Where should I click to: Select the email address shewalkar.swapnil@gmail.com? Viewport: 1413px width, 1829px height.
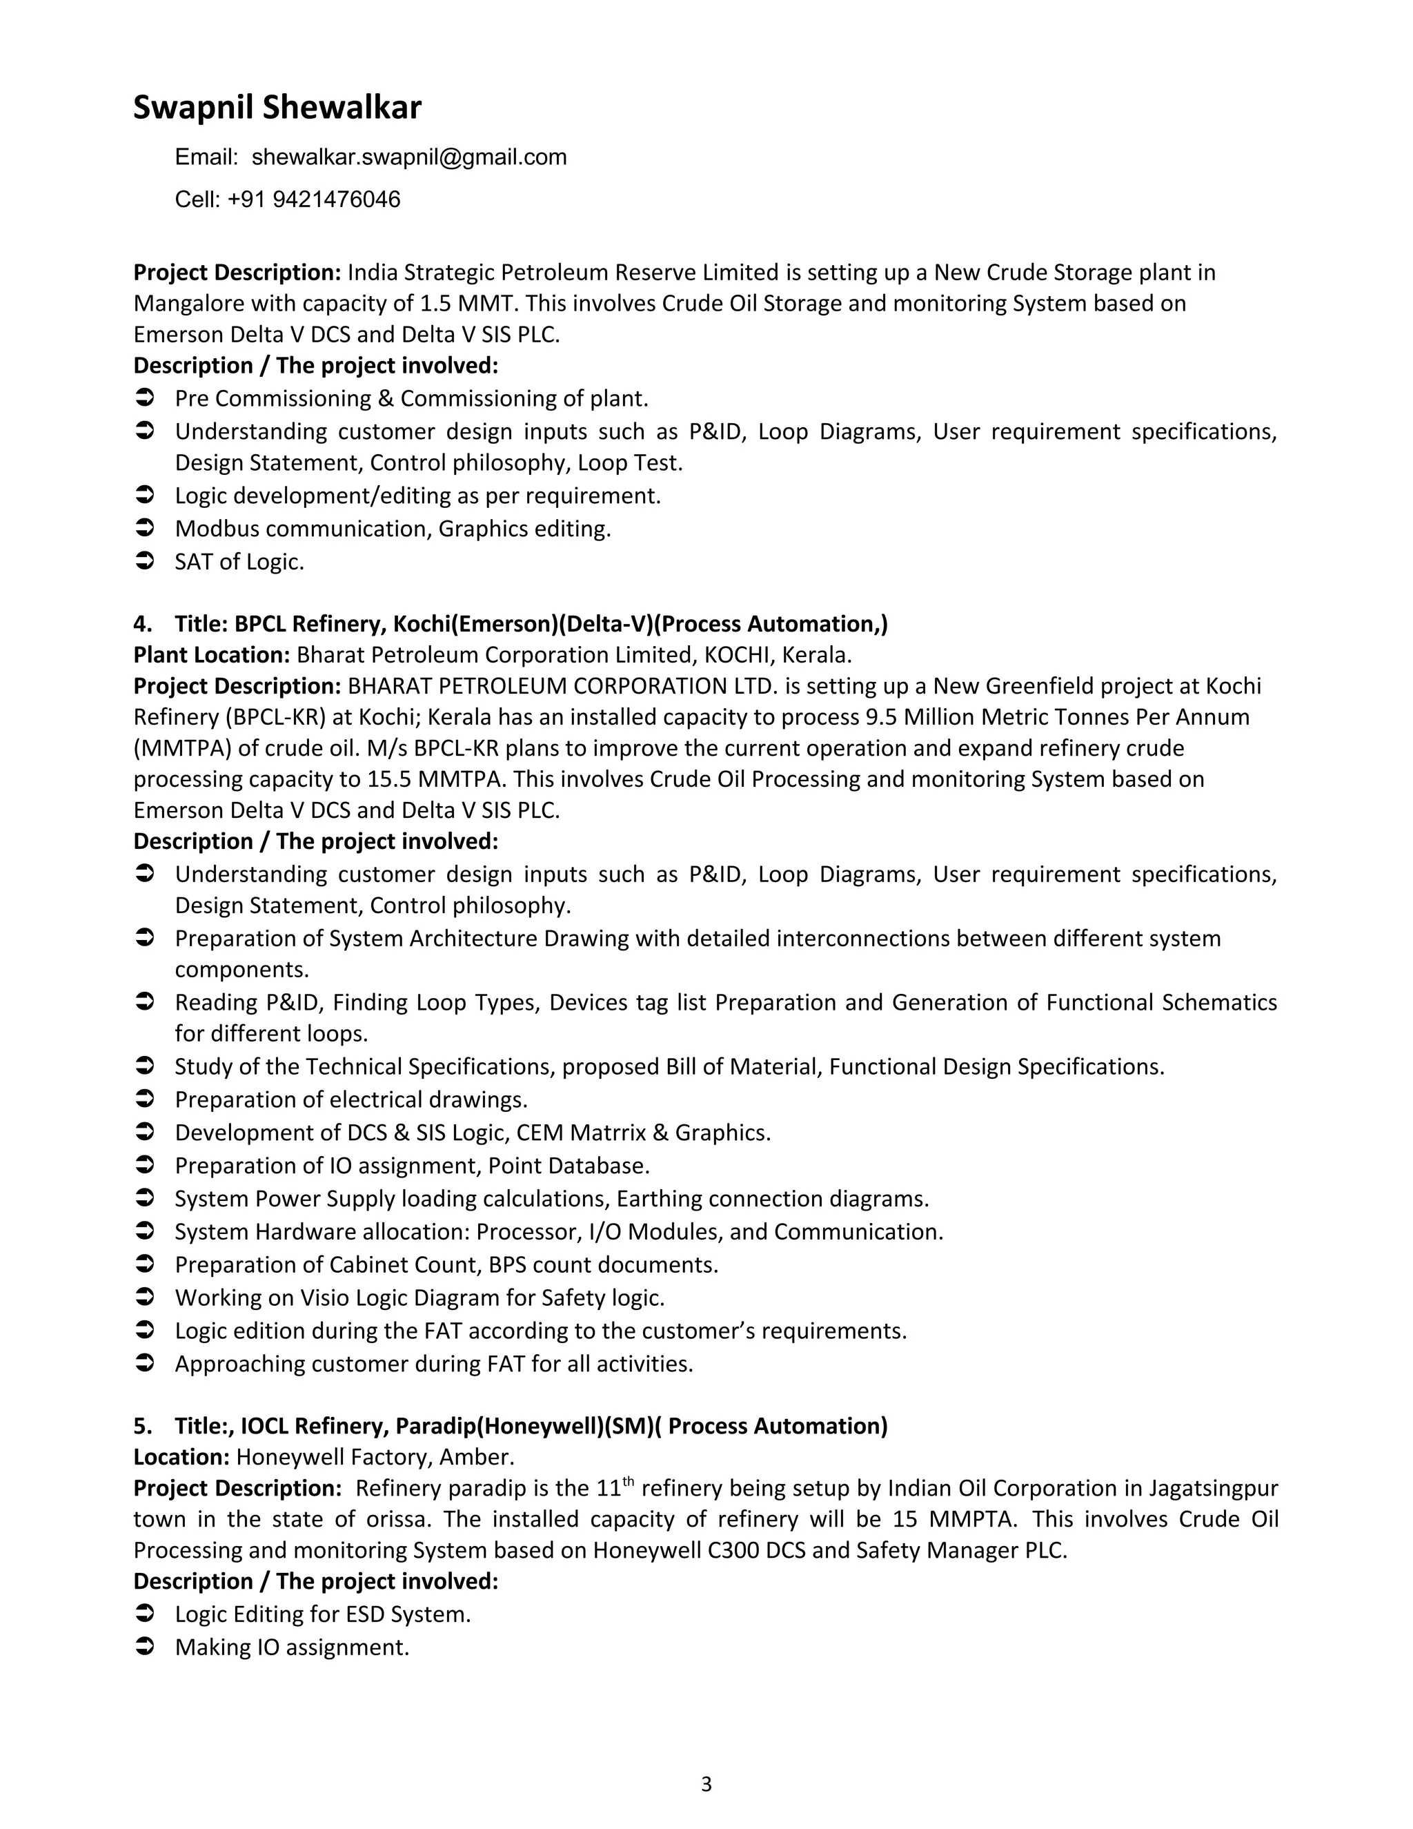coord(408,157)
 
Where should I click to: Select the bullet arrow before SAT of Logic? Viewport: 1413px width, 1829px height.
coord(144,561)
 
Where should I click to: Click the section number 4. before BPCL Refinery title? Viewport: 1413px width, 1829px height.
coord(142,624)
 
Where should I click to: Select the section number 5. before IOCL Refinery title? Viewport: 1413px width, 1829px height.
coord(142,1426)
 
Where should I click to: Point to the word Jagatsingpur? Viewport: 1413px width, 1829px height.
coord(1213,1489)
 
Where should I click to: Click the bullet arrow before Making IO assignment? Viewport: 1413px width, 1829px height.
coord(144,1647)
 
